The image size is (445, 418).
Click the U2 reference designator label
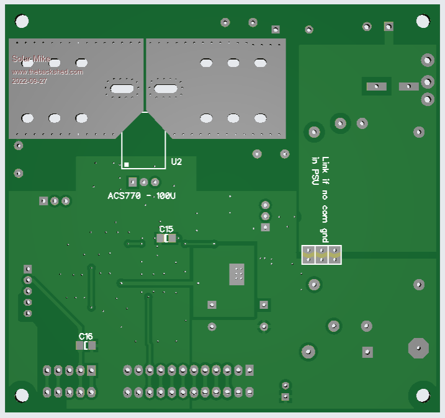177,162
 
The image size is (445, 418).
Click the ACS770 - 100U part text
142,196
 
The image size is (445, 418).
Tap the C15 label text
166,229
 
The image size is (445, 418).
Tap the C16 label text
86,336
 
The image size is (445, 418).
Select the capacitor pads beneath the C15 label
166,238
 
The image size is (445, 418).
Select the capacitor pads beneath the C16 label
86,345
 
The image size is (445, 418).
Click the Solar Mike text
32,60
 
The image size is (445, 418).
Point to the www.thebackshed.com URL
47,72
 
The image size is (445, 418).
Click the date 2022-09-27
29,81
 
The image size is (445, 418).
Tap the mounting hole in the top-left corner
22,22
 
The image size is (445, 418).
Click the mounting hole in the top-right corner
423,21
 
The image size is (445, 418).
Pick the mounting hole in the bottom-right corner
423,395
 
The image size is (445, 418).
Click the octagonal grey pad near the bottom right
418,348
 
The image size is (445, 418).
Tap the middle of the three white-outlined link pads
321,254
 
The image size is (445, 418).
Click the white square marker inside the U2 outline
127,164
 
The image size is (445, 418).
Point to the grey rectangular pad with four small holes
237,274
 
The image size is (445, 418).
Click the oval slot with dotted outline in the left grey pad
122,89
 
